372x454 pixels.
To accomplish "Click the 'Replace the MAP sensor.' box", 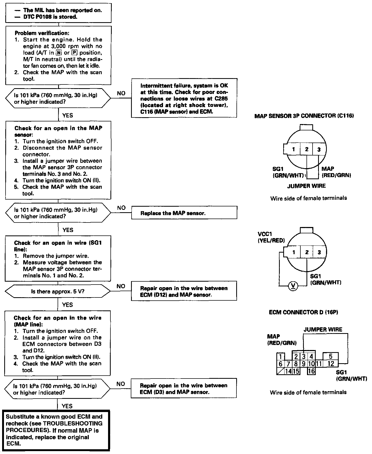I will click(x=184, y=213).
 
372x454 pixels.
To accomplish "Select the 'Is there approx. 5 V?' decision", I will click(x=58, y=291).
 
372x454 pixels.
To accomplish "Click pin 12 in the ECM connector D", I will click(x=331, y=364).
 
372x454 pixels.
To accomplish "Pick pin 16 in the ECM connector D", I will click(x=311, y=371).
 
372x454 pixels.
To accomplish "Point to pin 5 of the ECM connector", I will click(x=331, y=356).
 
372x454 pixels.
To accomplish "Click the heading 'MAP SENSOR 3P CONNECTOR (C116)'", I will click(x=304, y=116).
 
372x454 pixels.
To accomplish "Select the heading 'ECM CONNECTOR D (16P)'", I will click(x=304, y=312).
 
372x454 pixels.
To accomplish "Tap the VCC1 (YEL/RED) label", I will click(x=271, y=237).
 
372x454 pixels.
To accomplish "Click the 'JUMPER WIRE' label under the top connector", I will click(x=306, y=186).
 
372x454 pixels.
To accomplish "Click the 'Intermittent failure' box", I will click(x=184, y=98).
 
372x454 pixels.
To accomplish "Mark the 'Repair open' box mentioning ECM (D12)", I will click(x=184, y=291).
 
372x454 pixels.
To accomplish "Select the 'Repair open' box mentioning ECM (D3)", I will click(x=184, y=388).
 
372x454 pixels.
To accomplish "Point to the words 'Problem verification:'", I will click(x=42, y=33).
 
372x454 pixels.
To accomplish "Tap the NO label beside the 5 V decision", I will click(x=121, y=286).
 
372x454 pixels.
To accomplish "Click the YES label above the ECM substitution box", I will click(x=67, y=406).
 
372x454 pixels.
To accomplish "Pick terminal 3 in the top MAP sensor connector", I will click(x=319, y=149).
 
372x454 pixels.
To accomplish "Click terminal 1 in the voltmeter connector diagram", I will click(x=294, y=252).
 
